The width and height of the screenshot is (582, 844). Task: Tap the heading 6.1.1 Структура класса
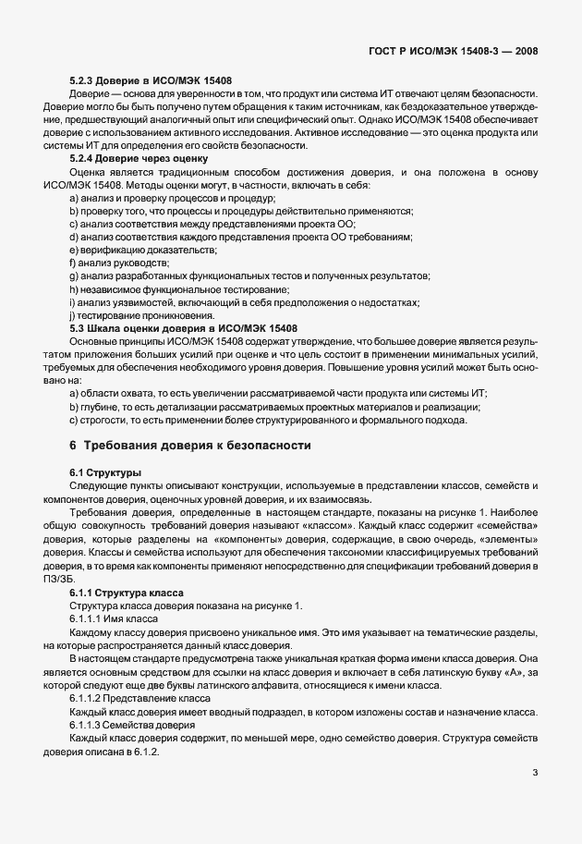pos(127,592)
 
